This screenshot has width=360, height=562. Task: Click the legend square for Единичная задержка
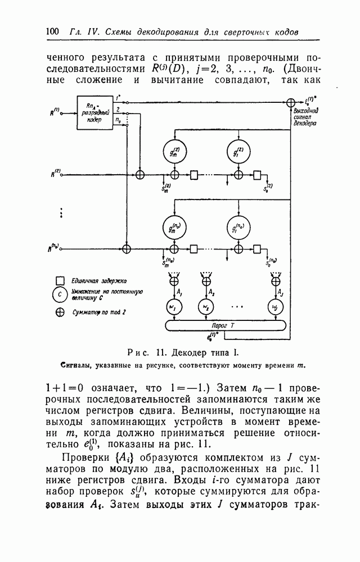coord(59,280)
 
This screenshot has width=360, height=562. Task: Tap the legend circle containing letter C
coord(59,293)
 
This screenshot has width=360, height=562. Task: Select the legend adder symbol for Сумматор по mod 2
coord(59,313)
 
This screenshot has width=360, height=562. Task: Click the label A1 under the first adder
coord(178,293)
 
